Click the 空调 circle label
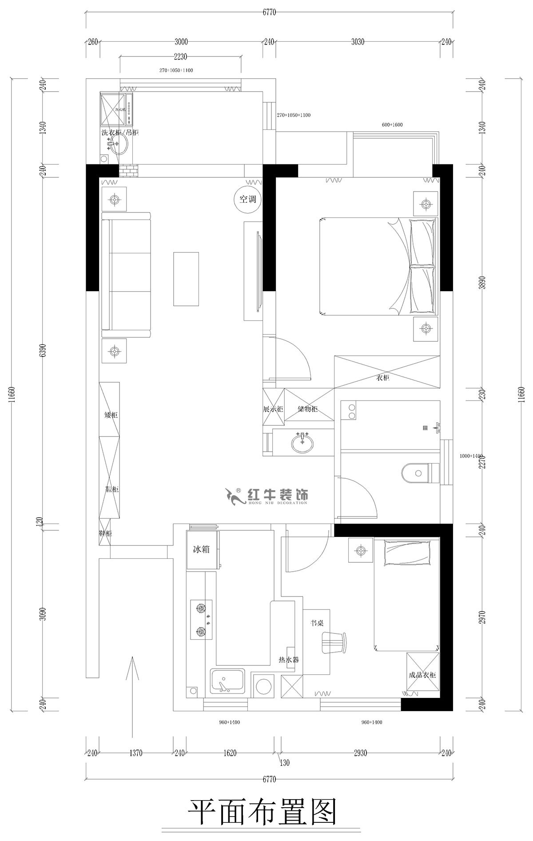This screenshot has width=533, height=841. coord(248,200)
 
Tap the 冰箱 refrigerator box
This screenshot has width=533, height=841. coord(201,549)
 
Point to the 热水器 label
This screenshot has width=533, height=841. coord(288,660)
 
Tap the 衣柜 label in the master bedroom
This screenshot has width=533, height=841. coord(383,378)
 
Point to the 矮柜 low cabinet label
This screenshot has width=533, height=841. coord(111,415)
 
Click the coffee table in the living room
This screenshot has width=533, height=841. coord(186,279)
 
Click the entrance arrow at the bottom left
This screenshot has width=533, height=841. coord(132,693)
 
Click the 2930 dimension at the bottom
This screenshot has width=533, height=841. coord(360,753)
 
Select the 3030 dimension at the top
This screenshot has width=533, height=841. coord(358,42)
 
